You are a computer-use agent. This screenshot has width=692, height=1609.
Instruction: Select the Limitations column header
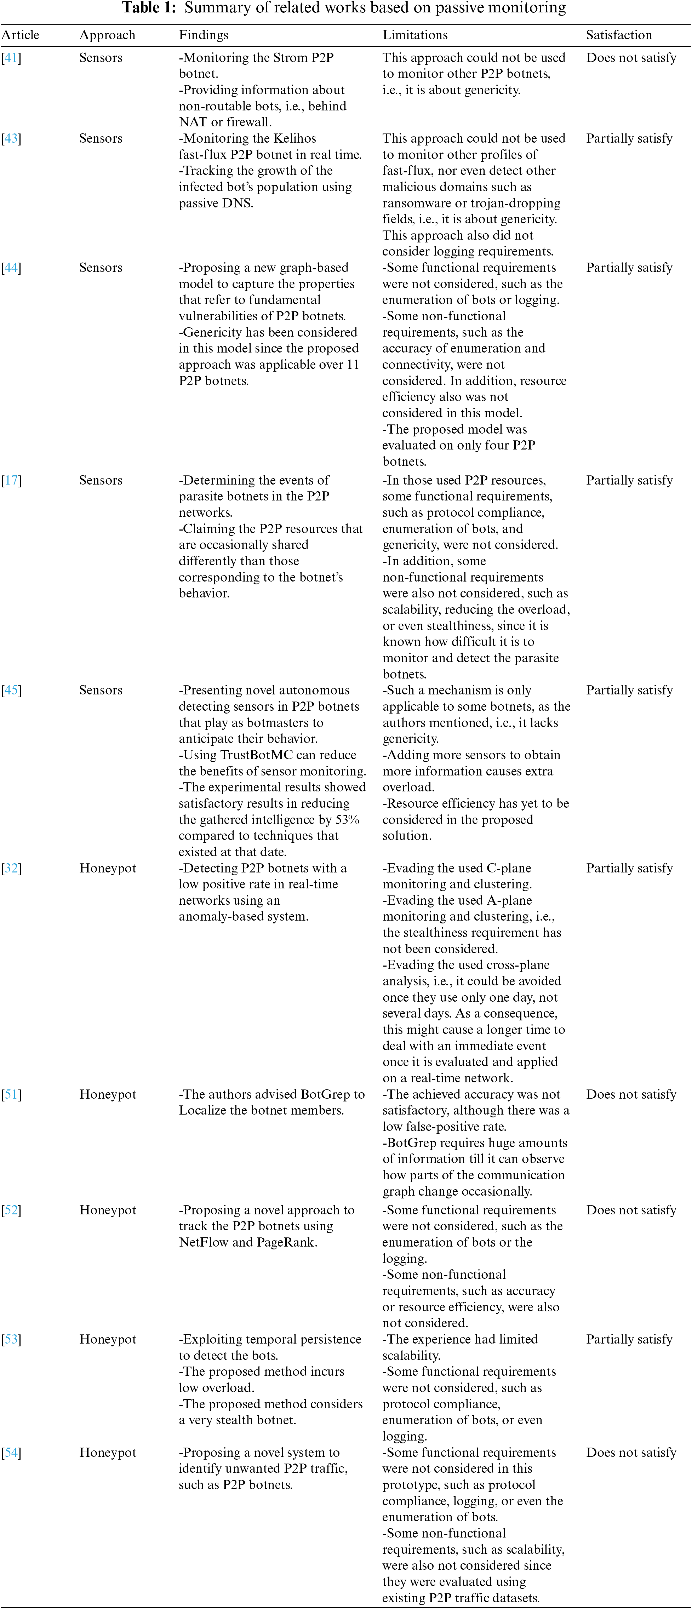pos(415,35)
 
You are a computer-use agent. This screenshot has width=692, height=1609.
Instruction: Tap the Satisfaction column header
pos(618,35)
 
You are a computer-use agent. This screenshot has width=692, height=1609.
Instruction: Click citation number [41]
pos(11,57)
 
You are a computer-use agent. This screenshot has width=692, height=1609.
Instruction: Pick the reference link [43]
pos(11,139)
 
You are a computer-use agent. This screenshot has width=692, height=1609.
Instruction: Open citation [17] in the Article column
pos(11,480)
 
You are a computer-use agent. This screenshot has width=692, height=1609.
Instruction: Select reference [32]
pos(11,868)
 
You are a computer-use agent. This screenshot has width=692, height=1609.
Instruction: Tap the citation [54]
pos(11,1453)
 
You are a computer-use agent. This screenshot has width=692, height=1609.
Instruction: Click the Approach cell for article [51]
pos(107,1094)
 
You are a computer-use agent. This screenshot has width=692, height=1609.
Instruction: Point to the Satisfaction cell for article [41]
pos(631,57)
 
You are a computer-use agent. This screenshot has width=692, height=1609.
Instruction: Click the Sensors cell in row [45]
pos(101,690)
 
